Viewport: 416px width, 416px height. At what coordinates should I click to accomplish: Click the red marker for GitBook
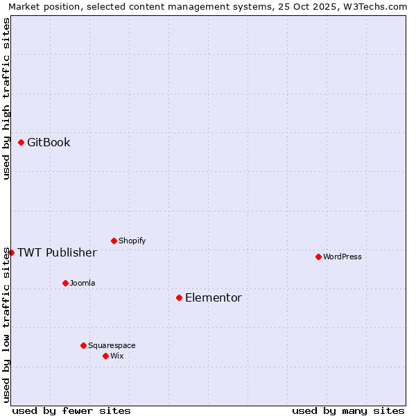point(21,142)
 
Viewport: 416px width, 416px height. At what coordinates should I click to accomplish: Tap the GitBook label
point(49,143)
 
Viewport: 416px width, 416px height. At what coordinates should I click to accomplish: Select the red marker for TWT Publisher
point(11,252)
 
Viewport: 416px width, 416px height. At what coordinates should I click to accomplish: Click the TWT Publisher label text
point(57,252)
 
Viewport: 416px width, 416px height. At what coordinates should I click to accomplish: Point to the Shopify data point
point(114,241)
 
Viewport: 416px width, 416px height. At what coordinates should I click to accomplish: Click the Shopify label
point(132,241)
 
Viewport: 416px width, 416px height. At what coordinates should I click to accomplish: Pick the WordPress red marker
point(318,257)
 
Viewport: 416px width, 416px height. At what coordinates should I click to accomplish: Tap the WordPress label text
point(343,257)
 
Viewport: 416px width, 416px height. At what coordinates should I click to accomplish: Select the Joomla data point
point(65,283)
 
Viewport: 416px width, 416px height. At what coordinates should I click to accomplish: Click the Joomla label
point(83,284)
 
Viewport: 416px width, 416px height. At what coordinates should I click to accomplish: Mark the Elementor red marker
point(179,297)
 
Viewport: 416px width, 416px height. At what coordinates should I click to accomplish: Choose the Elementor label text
point(214,298)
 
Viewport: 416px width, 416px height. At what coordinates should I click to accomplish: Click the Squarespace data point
point(83,345)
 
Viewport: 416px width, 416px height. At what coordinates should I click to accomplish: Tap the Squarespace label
point(112,346)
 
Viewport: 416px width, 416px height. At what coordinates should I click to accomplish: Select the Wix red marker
point(105,356)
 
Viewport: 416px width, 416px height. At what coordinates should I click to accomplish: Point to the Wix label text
point(117,356)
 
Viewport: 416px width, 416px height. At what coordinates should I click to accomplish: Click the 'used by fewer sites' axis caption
point(71,410)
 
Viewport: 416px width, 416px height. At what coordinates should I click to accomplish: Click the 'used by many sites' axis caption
point(348,410)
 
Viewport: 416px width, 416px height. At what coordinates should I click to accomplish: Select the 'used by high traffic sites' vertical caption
point(7,98)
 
